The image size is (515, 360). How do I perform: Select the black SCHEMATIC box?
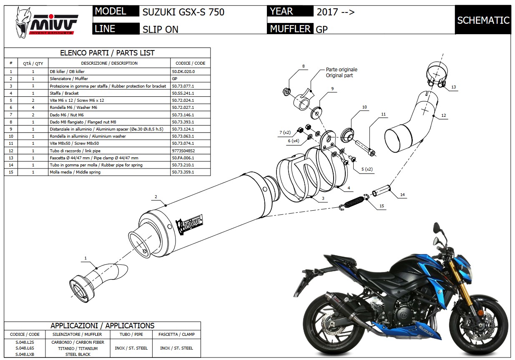point(483,20)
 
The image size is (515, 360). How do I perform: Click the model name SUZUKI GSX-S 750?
point(183,12)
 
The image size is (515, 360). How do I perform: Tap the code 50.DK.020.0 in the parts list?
point(183,71)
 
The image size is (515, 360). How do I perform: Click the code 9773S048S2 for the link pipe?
point(183,151)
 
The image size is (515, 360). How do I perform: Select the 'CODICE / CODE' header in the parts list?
point(190,63)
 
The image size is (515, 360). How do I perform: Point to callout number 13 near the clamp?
point(453,87)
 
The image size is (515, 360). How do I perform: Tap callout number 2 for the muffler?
point(155,196)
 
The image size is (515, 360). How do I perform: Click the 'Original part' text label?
point(339,76)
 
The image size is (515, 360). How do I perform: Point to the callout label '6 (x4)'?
point(293,141)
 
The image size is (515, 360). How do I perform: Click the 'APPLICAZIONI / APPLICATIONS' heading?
point(102,326)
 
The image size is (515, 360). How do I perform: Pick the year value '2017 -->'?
point(335,12)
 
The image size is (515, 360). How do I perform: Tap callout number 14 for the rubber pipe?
point(402,195)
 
